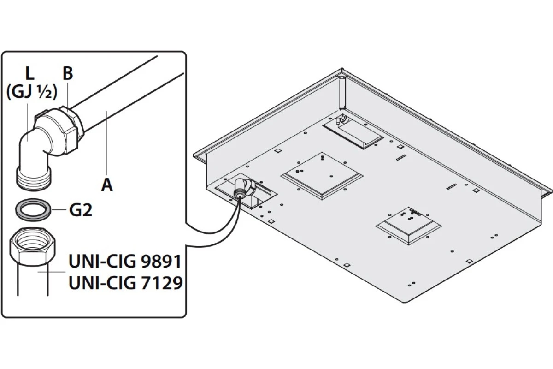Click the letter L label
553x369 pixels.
pos(29,73)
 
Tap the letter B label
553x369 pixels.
pos(68,73)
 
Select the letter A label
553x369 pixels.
pos(107,185)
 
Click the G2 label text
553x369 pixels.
pos(81,210)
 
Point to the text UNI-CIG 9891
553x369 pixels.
pos(125,262)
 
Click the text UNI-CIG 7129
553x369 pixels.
pos(125,283)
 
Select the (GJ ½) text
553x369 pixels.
pos(32,92)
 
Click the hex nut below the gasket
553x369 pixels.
pos(33,247)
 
